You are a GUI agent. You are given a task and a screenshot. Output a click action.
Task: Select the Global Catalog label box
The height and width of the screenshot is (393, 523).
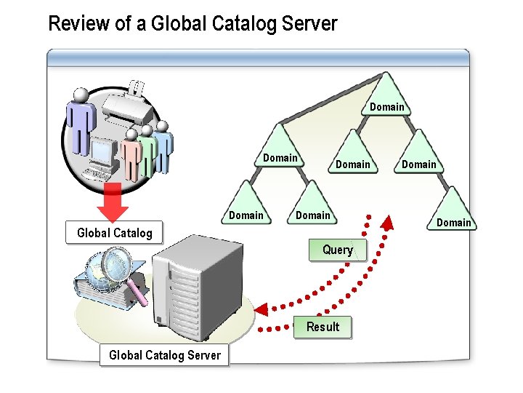115,233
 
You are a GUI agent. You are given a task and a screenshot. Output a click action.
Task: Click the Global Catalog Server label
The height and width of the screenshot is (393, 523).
165,355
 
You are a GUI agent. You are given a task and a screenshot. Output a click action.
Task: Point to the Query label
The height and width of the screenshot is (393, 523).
338,250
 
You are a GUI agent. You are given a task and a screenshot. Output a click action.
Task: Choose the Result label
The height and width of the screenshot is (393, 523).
323,327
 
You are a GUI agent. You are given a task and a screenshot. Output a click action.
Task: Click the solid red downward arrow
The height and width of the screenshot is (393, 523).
113,202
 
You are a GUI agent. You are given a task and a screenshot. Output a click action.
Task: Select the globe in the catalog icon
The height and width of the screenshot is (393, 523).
96,274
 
